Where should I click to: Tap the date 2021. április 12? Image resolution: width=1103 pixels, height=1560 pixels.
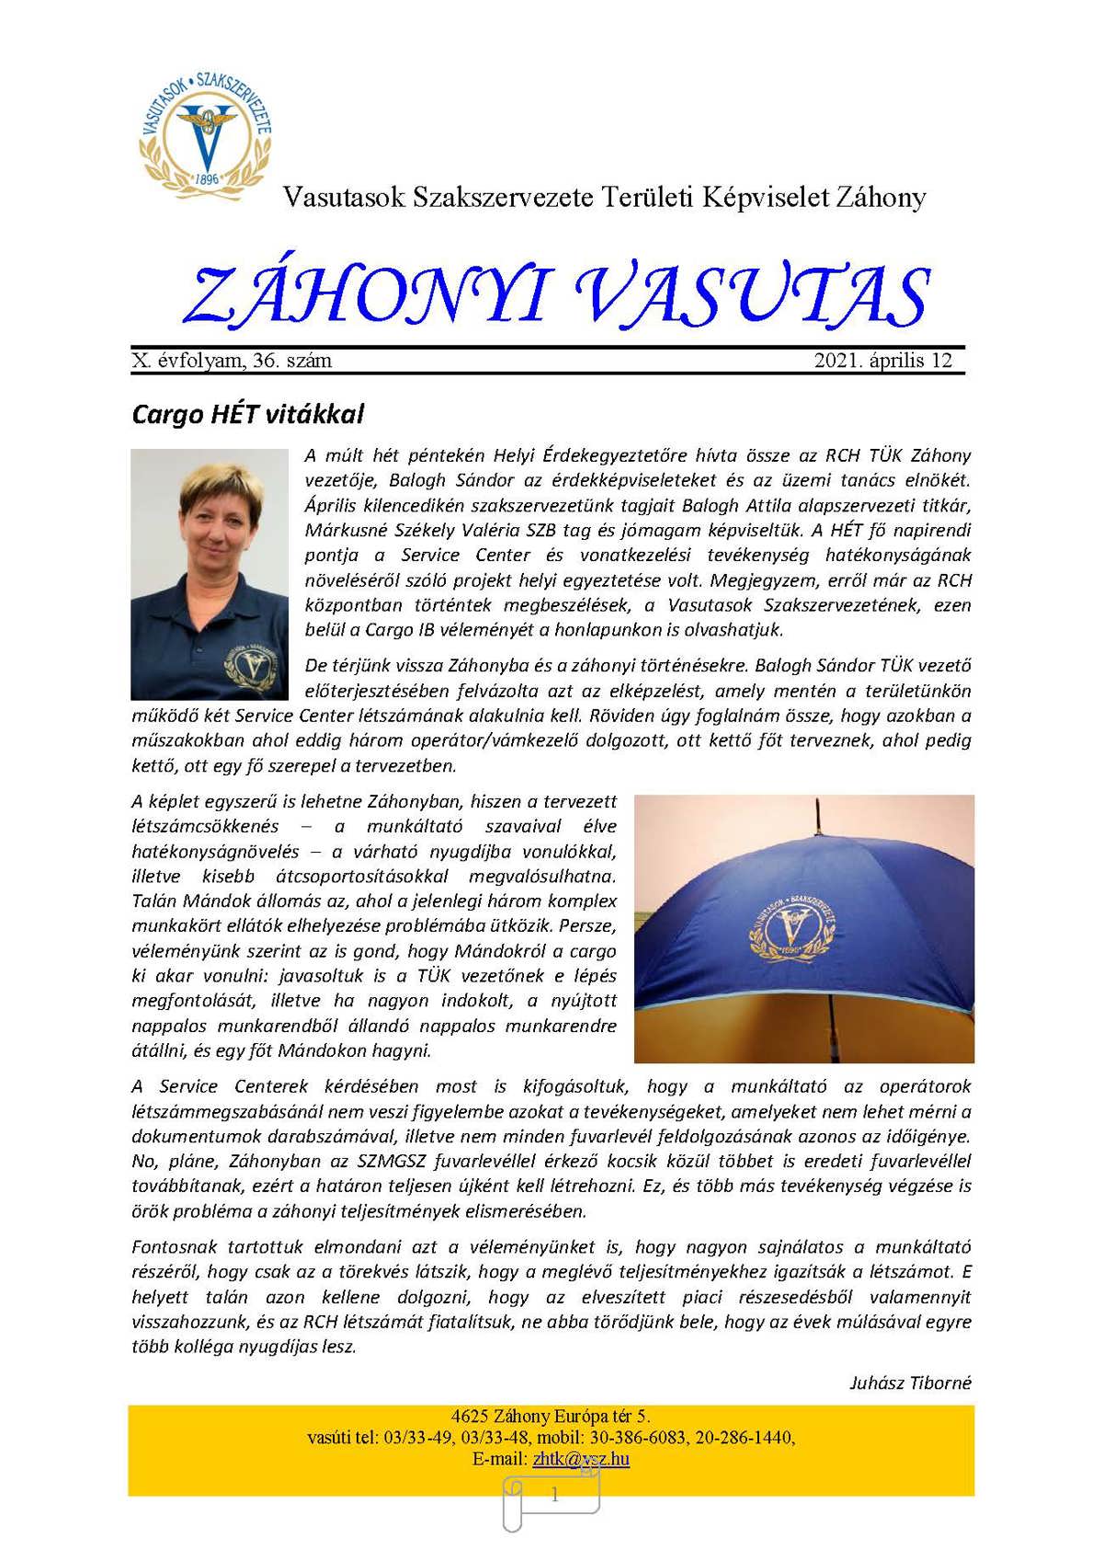tap(882, 361)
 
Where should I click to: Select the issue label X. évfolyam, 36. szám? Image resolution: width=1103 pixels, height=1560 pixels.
tap(232, 361)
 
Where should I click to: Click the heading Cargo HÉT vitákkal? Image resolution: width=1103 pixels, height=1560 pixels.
tap(248, 414)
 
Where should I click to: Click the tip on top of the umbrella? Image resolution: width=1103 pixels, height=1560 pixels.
tap(813, 806)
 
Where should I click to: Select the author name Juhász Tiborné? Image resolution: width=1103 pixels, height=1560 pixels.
tap(910, 1382)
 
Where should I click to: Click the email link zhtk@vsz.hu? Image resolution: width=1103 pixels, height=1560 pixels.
tap(581, 1459)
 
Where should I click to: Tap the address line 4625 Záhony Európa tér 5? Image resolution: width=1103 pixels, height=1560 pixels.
tap(551, 1417)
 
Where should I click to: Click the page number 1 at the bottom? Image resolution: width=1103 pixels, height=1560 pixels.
tap(553, 1496)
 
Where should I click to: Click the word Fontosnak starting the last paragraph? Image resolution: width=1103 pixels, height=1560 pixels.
tap(175, 1248)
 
